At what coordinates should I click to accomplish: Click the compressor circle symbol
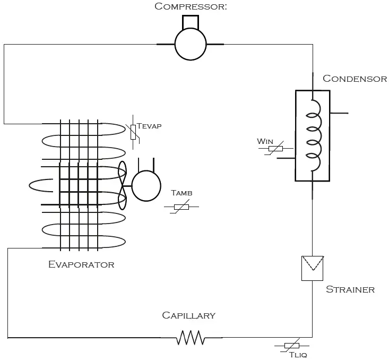click(x=190, y=45)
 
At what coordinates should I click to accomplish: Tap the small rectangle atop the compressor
click(x=190, y=22)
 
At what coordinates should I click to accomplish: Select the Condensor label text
click(x=355, y=79)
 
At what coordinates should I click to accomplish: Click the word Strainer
click(x=350, y=289)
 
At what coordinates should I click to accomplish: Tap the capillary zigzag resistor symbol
click(x=191, y=337)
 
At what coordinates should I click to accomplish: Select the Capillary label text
click(x=188, y=315)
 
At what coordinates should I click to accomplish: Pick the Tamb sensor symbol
click(x=181, y=207)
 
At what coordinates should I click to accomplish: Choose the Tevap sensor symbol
click(x=133, y=132)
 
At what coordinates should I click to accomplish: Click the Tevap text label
click(x=149, y=126)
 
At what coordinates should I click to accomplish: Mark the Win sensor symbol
click(x=275, y=149)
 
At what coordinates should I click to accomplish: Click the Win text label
click(x=264, y=141)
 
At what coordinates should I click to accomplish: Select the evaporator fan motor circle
click(x=146, y=186)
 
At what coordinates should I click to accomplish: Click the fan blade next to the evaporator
click(x=123, y=185)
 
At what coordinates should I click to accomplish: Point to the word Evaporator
click(x=81, y=264)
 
